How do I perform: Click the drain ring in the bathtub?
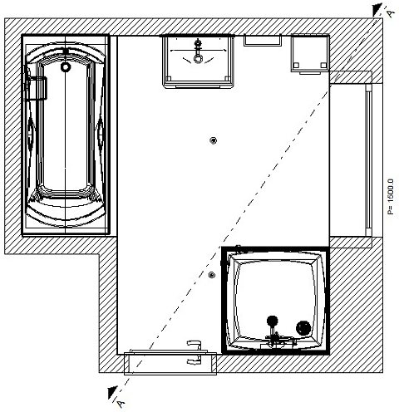[x=66, y=66]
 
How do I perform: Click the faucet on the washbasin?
[x=198, y=47]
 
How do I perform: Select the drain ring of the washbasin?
[x=198, y=59]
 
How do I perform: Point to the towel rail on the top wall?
[x=263, y=41]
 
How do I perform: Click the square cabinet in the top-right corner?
[x=310, y=53]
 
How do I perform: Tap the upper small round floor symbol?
[x=213, y=140]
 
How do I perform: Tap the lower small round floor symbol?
[x=212, y=275]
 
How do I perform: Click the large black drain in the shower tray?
[x=303, y=328]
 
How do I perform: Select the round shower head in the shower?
[x=272, y=321]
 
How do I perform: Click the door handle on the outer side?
[x=195, y=360]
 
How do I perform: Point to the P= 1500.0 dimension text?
[x=391, y=197]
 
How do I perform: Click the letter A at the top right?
[x=391, y=13]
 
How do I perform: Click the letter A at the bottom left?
[x=121, y=403]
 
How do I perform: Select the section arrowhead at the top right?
[x=377, y=10]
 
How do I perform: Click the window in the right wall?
[x=368, y=159]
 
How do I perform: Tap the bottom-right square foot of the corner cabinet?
[x=323, y=66]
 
